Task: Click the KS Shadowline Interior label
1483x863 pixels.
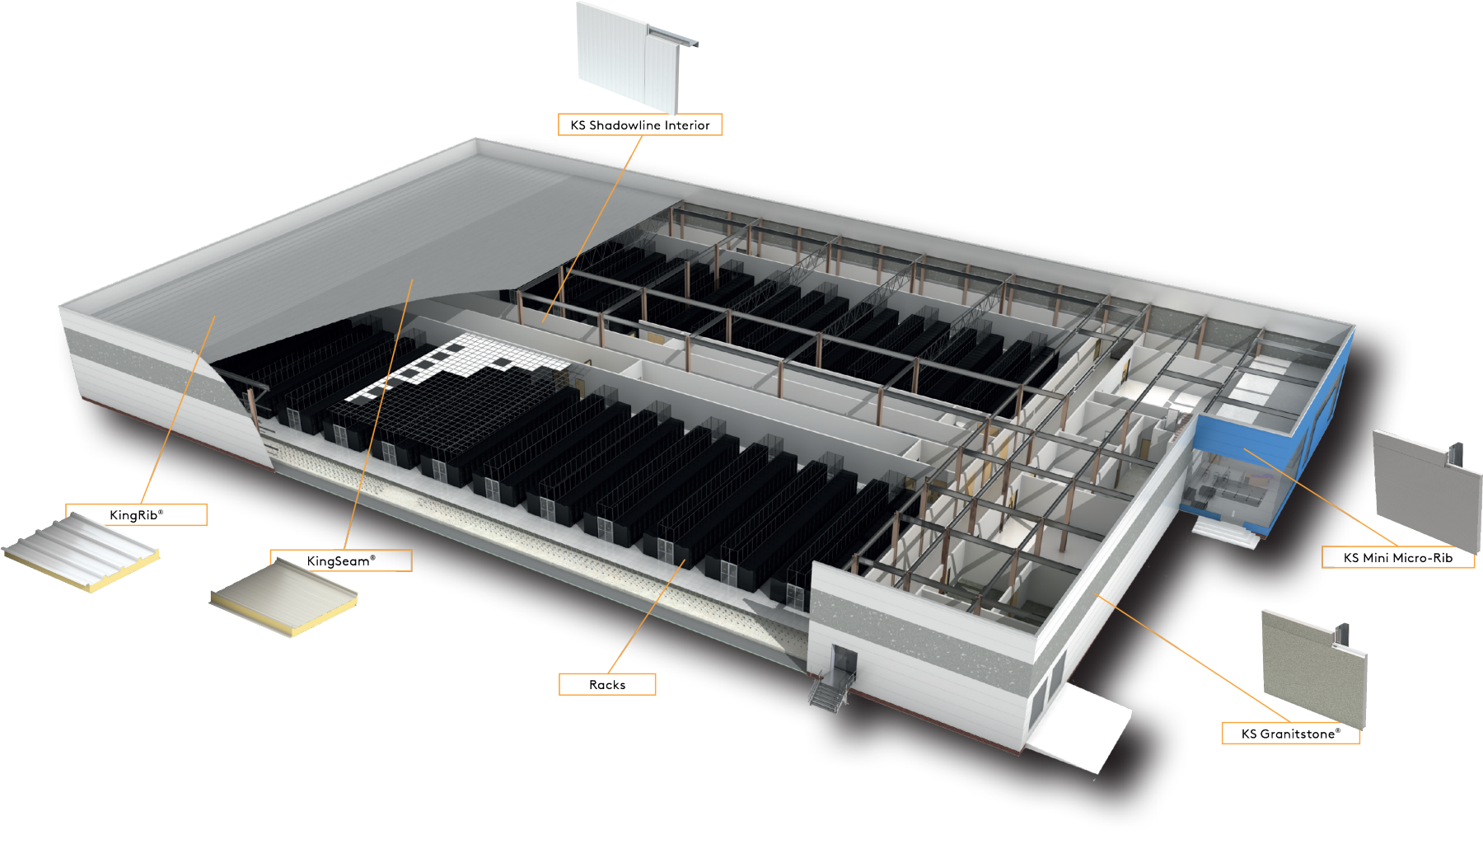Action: coord(639,125)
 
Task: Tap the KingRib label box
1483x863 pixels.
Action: coord(137,515)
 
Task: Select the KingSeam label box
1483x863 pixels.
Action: coord(340,560)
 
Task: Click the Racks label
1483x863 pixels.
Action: coord(607,685)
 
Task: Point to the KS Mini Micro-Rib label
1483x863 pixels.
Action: coord(1397,558)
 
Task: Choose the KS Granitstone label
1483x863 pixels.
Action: coord(1289,734)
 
